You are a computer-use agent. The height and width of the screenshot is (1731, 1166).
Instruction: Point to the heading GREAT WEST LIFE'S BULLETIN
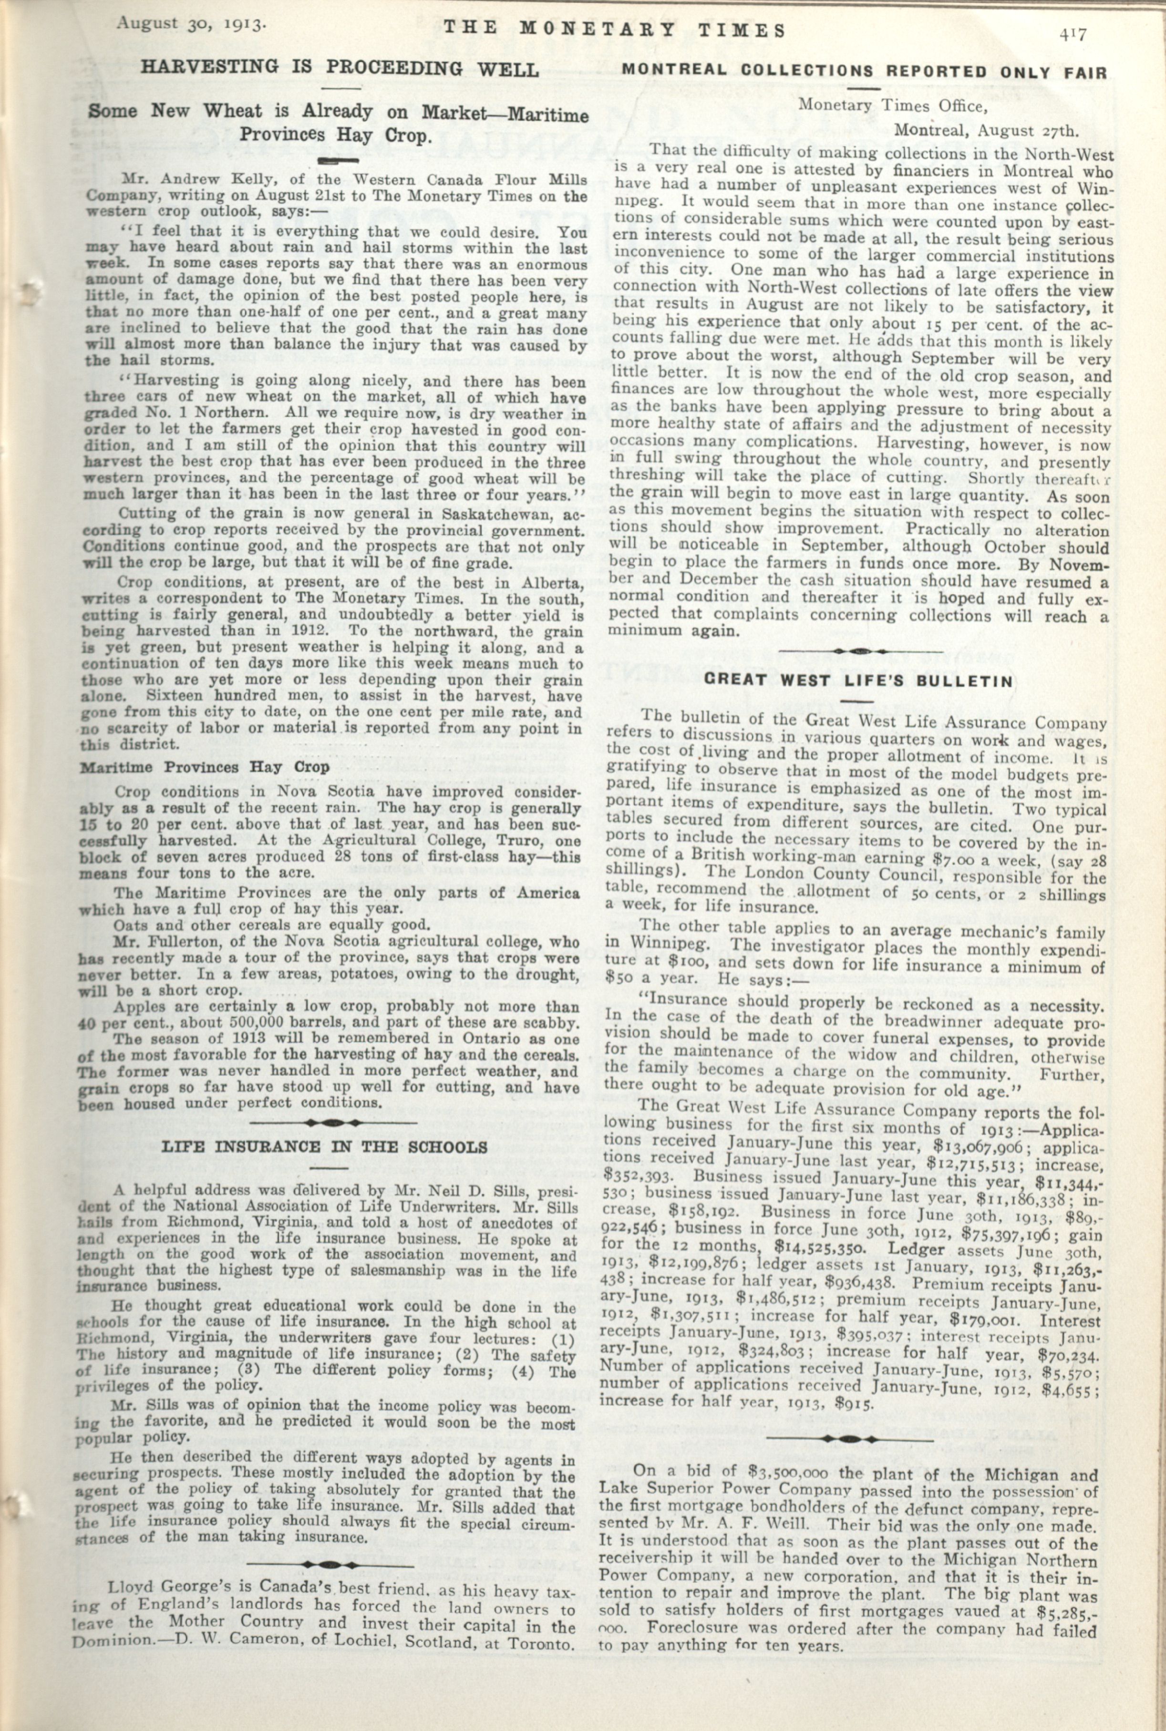(x=858, y=680)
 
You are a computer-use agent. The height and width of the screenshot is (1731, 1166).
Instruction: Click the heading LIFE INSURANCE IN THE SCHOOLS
(x=325, y=1146)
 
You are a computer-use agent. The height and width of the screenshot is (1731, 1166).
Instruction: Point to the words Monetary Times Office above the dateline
(x=892, y=105)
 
